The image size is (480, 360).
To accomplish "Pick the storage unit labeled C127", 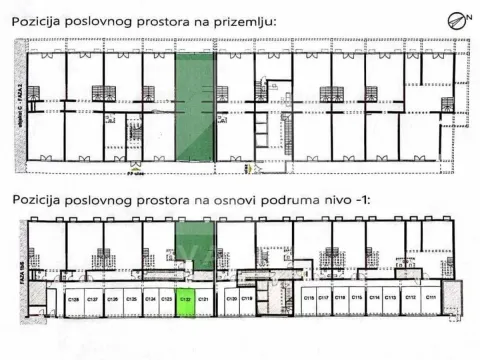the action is point(92,299).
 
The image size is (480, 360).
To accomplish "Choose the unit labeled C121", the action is point(203,299).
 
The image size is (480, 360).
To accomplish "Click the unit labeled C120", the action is point(231,299).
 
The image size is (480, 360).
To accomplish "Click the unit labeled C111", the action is point(430,299).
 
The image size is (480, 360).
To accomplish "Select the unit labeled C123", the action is point(166,299).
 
